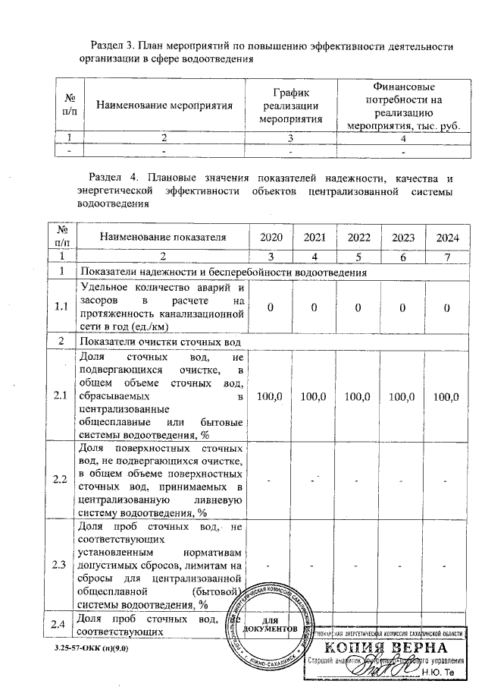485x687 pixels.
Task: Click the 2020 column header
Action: [271, 238]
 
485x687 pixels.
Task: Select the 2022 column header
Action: [358, 238]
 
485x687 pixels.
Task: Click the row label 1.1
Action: [60, 307]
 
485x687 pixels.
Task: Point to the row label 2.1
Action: [60, 396]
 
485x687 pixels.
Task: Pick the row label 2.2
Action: [60, 479]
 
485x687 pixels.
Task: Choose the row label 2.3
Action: [60, 566]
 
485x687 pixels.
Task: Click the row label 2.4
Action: [60, 624]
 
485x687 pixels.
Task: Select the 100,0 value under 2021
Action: [314, 396]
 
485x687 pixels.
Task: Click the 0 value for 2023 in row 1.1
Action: [403, 307]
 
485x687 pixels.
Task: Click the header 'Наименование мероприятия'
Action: [158, 106]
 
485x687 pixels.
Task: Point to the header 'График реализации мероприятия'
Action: [287, 106]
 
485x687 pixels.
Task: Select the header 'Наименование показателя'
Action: [163, 238]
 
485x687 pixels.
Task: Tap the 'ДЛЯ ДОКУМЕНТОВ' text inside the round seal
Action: [269, 626]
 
